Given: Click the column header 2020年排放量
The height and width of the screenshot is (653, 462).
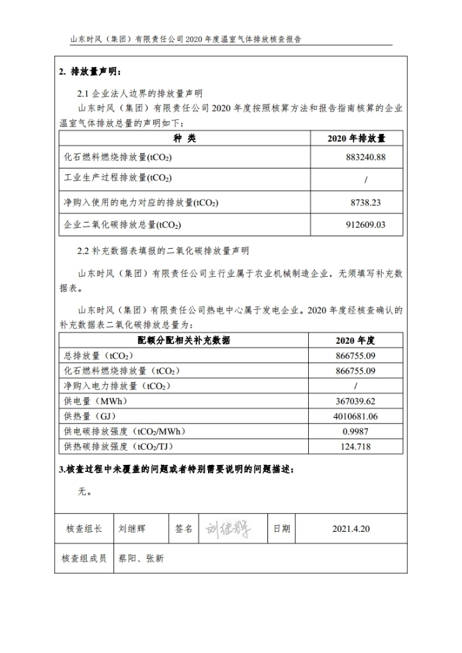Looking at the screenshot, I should pyautogui.click(x=356, y=138).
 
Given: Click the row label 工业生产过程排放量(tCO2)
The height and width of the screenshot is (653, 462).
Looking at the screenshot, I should pyautogui.click(x=118, y=178).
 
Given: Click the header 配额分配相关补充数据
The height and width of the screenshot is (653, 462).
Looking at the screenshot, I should pyautogui.click(x=184, y=341).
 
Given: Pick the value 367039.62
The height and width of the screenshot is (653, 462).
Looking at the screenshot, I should pyautogui.click(x=356, y=402).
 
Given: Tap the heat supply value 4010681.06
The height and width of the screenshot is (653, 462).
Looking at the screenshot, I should pyautogui.click(x=356, y=416).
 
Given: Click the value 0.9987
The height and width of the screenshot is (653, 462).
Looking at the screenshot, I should pyautogui.click(x=356, y=432).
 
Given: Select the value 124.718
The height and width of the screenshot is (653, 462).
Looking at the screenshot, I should pyautogui.click(x=356, y=446).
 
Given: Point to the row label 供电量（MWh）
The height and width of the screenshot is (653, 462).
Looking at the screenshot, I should pyautogui.click(x=96, y=402).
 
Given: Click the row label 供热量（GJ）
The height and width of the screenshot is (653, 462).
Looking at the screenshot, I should pyautogui.click(x=92, y=416).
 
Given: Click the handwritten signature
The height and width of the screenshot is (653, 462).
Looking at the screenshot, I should pyautogui.click(x=228, y=529).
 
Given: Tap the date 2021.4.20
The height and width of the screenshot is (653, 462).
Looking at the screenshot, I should pyautogui.click(x=351, y=529).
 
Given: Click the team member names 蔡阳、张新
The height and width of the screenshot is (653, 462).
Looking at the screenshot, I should pyautogui.click(x=141, y=559).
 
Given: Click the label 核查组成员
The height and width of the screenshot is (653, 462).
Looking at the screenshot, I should pyautogui.click(x=84, y=559).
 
